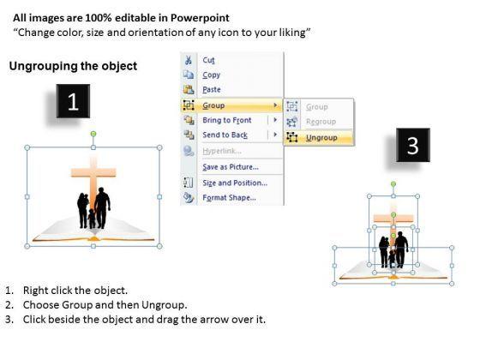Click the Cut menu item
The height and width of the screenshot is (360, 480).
(x=208, y=60)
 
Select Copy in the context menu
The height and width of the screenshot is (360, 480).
(x=211, y=75)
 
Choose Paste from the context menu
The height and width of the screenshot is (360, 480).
(x=212, y=90)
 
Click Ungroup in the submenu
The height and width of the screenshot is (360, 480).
(x=321, y=138)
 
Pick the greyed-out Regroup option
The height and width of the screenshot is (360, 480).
(x=321, y=122)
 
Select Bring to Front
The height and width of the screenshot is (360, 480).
(x=227, y=120)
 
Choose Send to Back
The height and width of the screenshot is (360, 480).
(x=225, y=135)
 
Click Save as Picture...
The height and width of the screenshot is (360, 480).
(x=231, y=167)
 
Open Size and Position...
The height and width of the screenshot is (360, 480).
(x=235, y=183)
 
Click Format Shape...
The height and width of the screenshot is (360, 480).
(x=230, y=198)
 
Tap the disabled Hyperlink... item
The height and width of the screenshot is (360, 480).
(x=222, y=151)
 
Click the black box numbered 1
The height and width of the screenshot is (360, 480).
(x=73, y=101)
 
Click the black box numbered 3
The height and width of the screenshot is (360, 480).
(x=413, y=145)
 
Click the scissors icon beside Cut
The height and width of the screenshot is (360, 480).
(x=189, y=60)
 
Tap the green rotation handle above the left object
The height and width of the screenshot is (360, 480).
(x=93, y=134)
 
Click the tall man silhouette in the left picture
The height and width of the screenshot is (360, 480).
(x=102, y=207)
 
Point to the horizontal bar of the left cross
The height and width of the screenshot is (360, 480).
(x=93, y=172)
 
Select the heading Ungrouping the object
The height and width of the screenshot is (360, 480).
(x=73, y=66)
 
